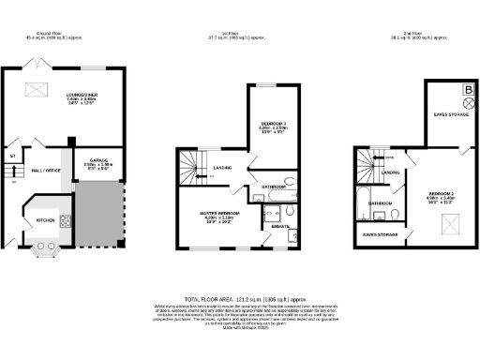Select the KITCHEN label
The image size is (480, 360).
pos(45,220)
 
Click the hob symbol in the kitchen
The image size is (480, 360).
pos(67,220)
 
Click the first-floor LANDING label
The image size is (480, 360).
pos(223,168)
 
